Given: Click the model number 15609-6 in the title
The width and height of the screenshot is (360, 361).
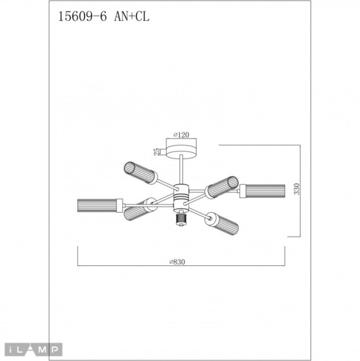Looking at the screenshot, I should point(81,18).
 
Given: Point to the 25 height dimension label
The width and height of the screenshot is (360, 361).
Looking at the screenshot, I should point(157,150).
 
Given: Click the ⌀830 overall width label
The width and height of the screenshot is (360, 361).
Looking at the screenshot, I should point(177,261).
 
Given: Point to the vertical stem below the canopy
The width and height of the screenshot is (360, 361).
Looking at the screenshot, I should point(181,170).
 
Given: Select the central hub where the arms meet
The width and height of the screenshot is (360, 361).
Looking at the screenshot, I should point(181,196).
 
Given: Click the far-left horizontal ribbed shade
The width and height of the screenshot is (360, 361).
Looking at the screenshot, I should point(97,205).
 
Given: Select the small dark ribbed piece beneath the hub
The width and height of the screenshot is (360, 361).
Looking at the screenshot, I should point(181,219).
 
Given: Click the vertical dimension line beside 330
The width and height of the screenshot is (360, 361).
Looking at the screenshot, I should point(301,191).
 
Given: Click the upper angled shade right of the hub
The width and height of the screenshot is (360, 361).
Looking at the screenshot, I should point(220,186).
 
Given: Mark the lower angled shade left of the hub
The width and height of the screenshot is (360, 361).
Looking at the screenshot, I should point(140,210).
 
